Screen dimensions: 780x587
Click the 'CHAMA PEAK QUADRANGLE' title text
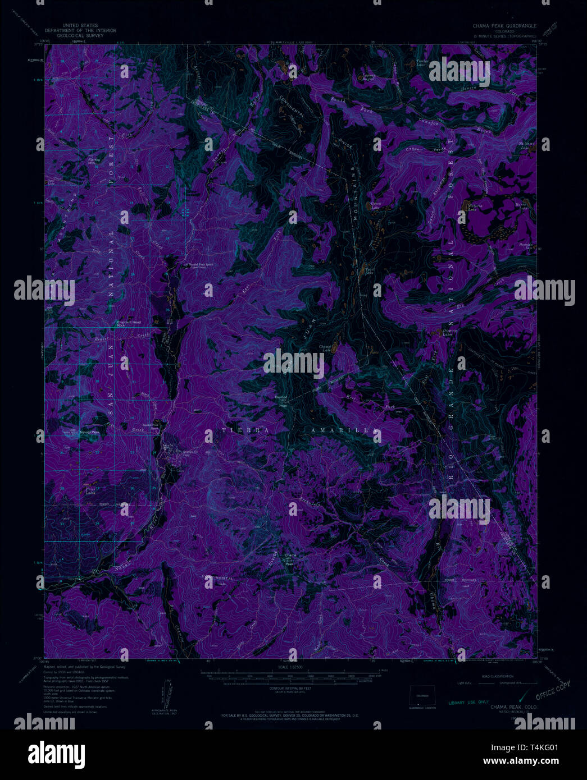[x=505, y=26]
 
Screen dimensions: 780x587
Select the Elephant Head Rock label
[x=128, y=324]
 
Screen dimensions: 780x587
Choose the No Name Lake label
[x=526, y=145]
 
